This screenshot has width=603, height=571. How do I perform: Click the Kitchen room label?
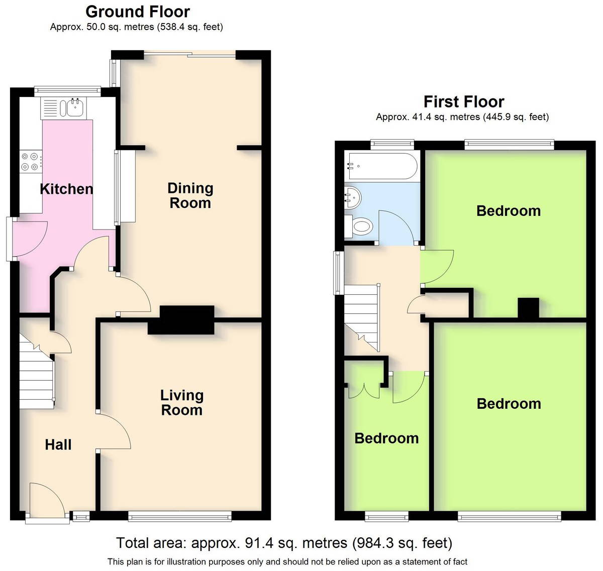click(66, 189)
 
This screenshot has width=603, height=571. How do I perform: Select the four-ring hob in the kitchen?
click(30, 162)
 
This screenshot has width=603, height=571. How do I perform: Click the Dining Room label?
click(190, 196)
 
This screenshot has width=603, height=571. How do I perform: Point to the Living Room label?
click(182, 402)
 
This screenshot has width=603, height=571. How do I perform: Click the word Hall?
click(58, 444)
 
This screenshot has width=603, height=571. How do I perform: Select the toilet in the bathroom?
click(359, 226)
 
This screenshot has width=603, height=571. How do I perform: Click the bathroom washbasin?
click(353, 198)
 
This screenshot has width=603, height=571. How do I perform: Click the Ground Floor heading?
click(138, 12)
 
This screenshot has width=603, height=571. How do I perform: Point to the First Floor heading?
click(464, 102)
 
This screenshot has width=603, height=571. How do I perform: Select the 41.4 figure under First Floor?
click(422, 117)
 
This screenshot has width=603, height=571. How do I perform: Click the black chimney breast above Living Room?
click(181, 319)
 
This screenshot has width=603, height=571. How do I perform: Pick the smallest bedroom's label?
click(386, 438)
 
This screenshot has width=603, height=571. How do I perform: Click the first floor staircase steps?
click(362, 317)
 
